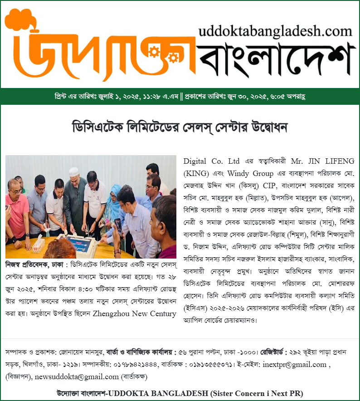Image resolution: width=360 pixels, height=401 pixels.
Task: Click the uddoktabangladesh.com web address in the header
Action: [275, 31]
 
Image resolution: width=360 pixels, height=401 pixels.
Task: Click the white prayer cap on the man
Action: [73, 171]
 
